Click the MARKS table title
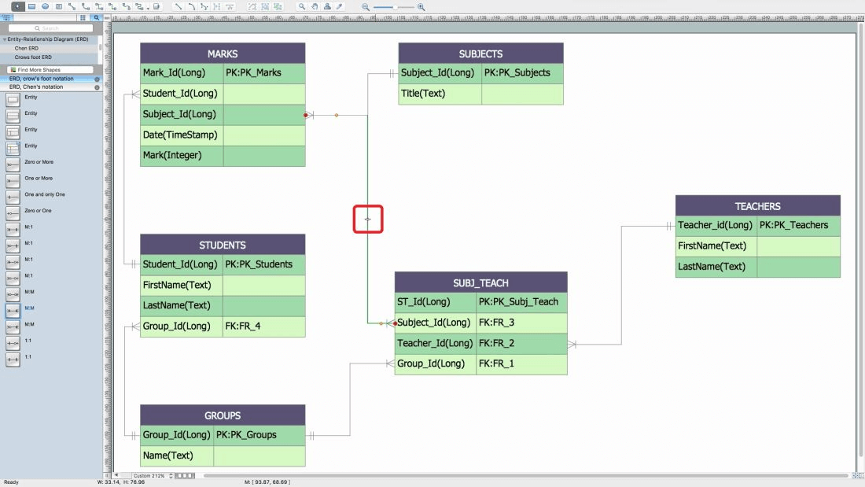point(223,53)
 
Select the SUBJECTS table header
point(480,53)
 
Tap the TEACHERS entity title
point(757,206)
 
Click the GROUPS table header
point(223,415)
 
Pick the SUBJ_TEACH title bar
point(480,283)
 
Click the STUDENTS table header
point(223,245)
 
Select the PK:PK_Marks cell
point(263,73)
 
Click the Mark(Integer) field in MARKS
point(182,155)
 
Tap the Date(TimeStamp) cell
point(182,135)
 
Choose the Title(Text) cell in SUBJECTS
point(440,94)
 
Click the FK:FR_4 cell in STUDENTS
point(263,326)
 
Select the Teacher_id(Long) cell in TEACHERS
point(716,225)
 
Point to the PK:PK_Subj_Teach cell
point(521,301)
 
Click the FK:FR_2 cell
point(521,343)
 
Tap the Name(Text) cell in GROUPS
point(177,456)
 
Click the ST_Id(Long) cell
point(435,301)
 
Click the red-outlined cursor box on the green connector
point(368,220)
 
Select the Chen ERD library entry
point(27,48)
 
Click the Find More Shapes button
point(39,70)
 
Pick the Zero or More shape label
point(39,162)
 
